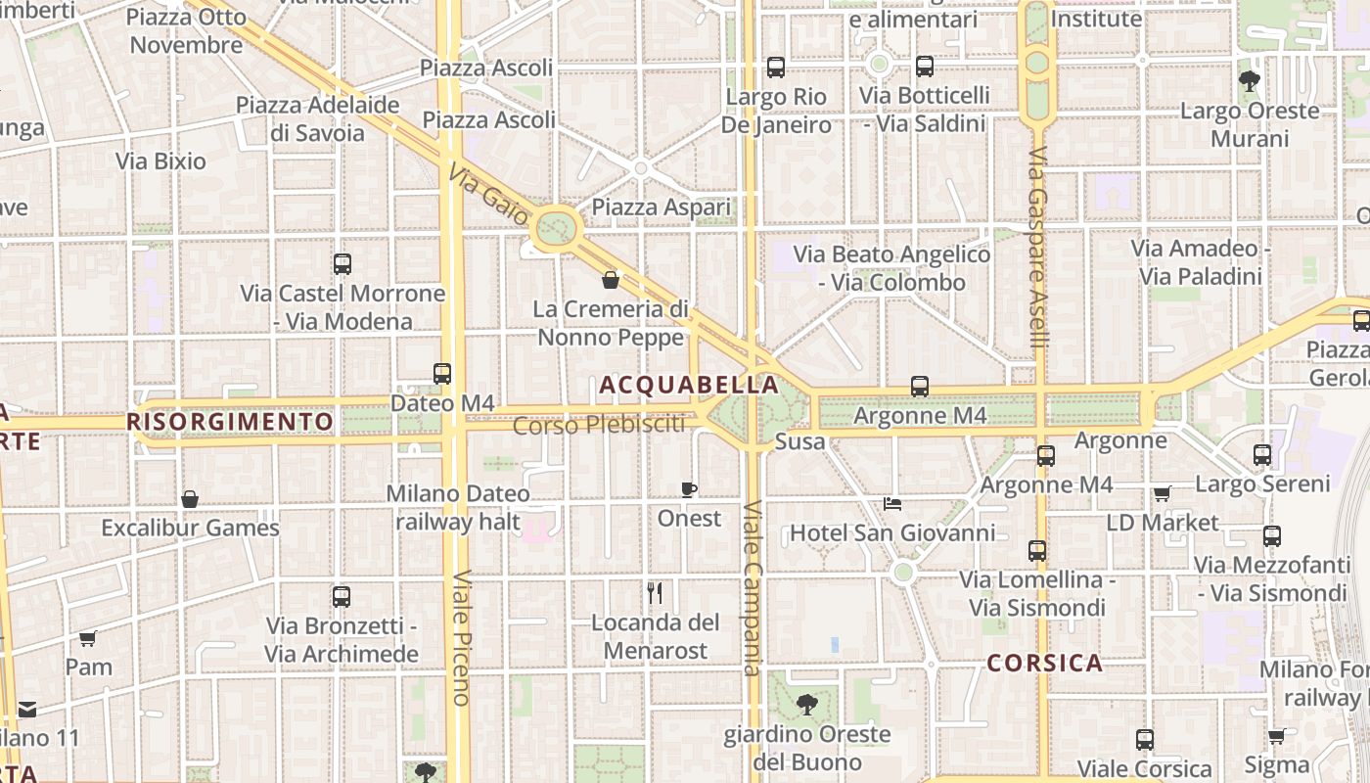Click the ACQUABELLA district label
[x=688, y=385]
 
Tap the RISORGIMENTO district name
[x=230, y=422]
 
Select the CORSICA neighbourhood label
[x=1044, y=664]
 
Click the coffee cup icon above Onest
[x=689, y=489]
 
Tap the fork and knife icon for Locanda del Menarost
[x=656, y=592]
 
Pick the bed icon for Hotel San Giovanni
[x=892, y=504]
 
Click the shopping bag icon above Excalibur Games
[x=190, y=499]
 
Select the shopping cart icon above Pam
[x=88, y=639]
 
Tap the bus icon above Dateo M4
[x=442, y=373]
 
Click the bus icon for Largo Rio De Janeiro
[x=776, y=68]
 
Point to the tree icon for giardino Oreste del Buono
[x=807, y=704]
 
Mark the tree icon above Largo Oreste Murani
[x=1250, y=80]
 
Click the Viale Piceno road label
[x=461, y=637]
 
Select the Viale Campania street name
[x=752, y=588]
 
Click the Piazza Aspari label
[x=662, y=207]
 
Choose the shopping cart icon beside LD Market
[x=1162, y=493]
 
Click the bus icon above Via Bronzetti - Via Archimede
[x=342, y=596]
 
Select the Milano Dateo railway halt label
[x=458, y=508]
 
